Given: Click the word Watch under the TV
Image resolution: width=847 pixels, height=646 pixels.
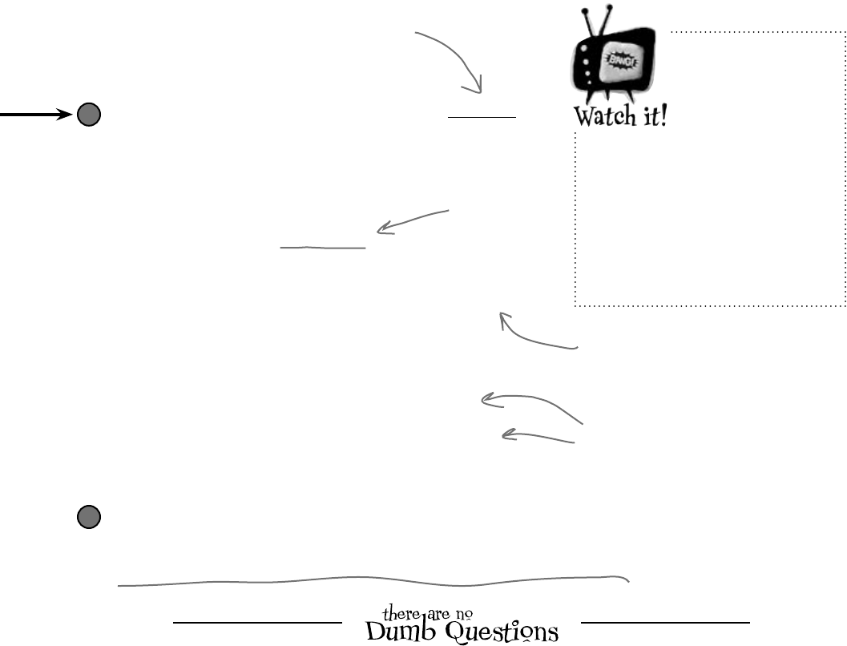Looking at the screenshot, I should [x=602, y=116].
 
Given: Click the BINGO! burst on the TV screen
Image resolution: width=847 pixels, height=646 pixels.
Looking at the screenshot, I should [x=617, y=63].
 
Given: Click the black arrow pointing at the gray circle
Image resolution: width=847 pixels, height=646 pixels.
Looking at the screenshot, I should [x=36, y=115].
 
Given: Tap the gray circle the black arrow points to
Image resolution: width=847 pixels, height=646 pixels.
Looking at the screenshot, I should [x=88, y=115].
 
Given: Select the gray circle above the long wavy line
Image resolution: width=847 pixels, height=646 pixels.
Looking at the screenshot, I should [x=88, y=518].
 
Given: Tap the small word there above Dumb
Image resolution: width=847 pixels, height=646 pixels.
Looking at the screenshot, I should [x=398, y=614].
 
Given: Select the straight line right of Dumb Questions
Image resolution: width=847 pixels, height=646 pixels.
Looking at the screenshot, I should [x=665, y=622].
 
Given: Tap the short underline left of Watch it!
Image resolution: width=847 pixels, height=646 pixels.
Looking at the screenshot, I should [x=482, y=117].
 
